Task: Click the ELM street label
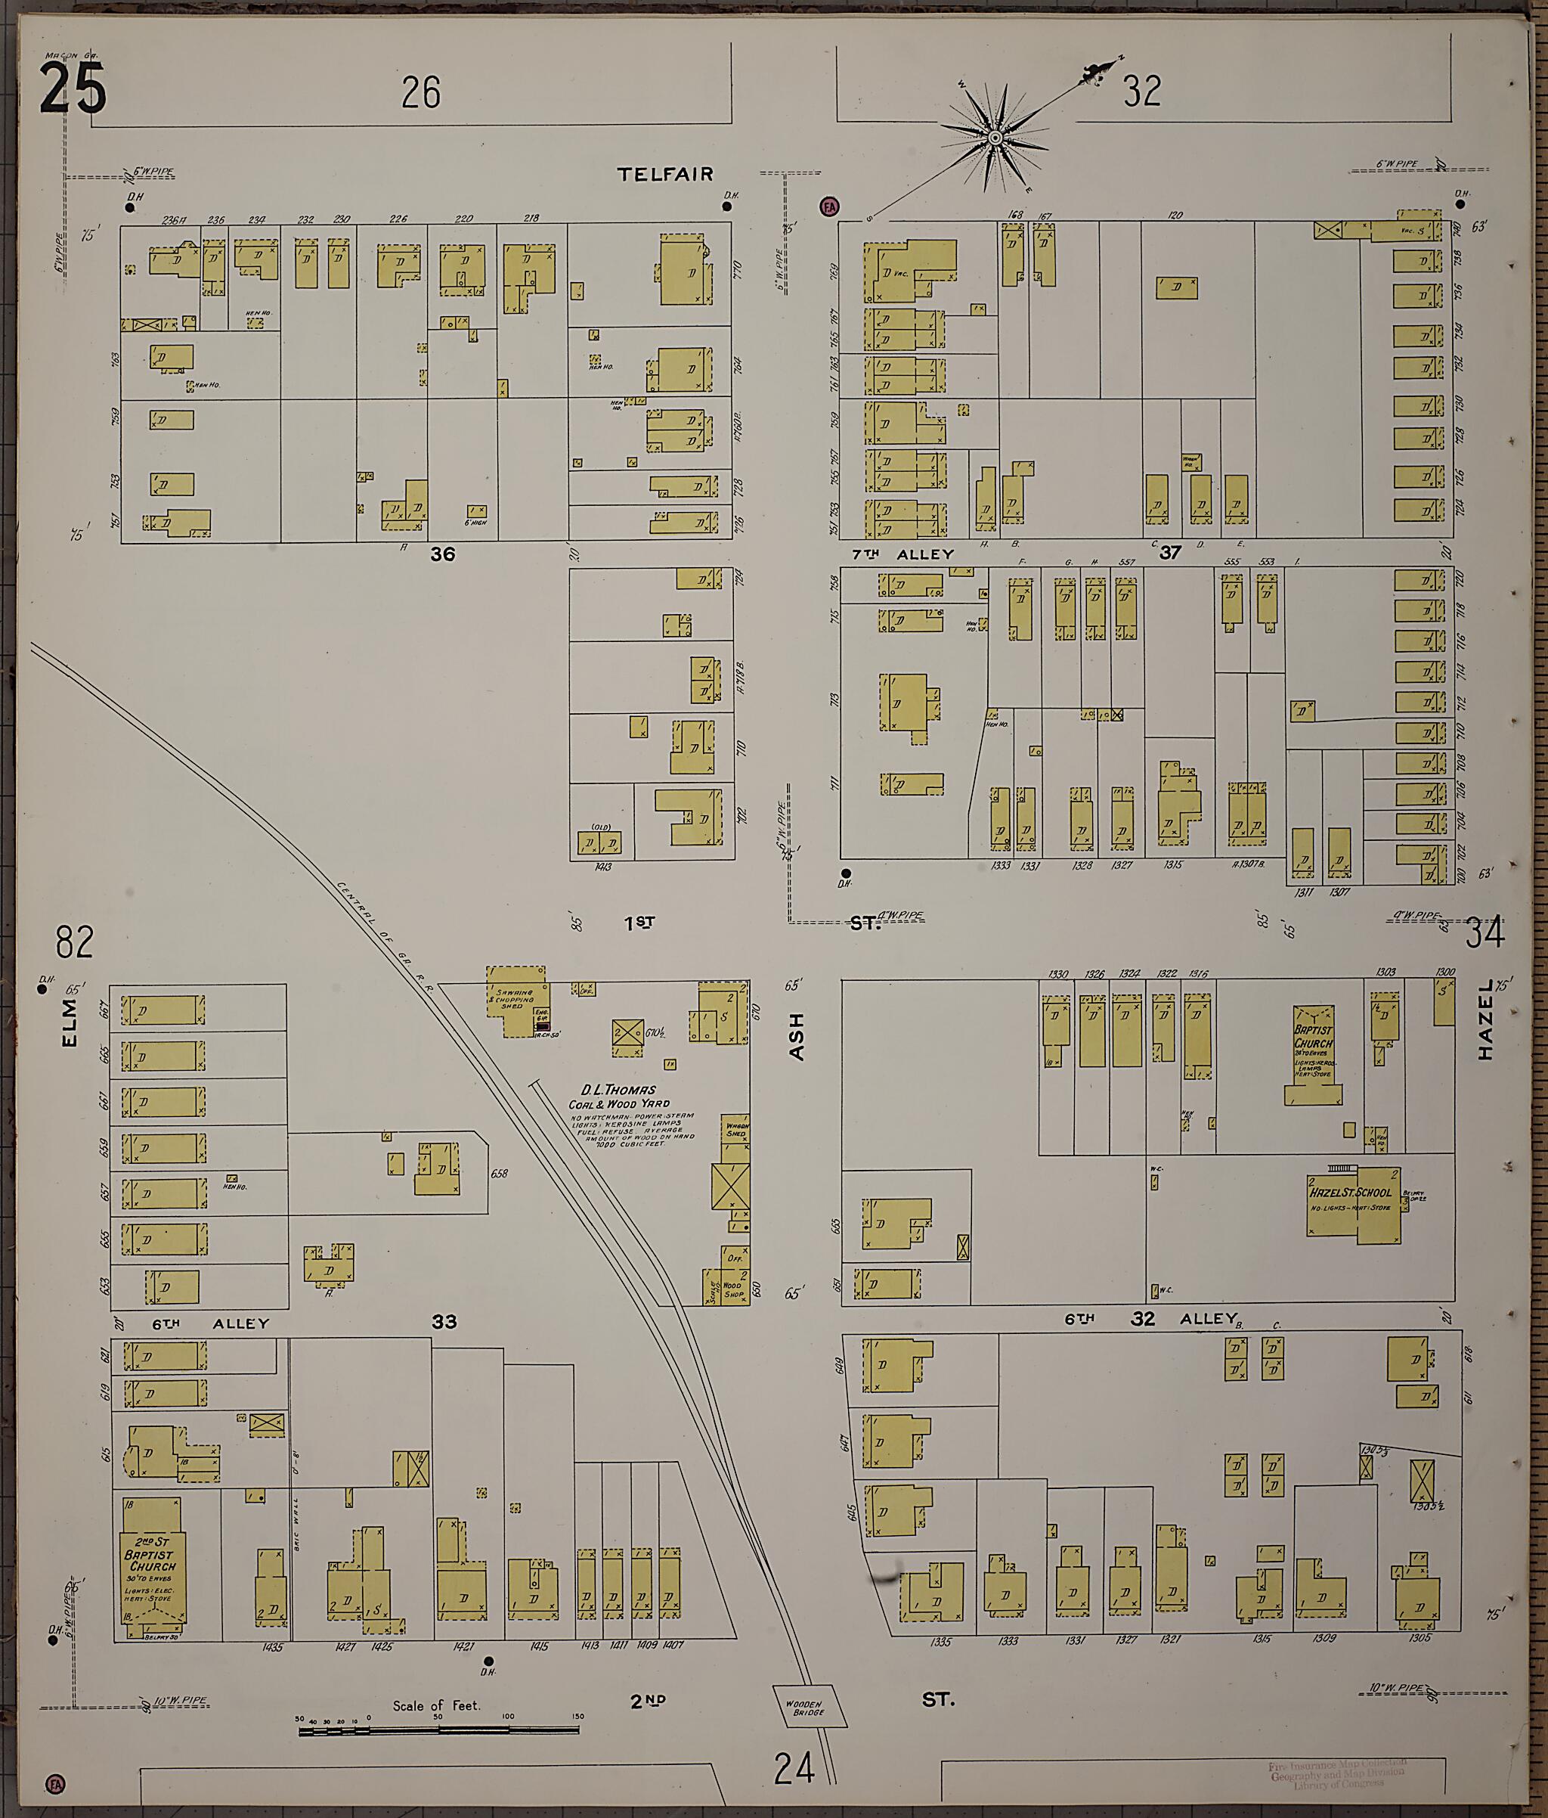point(70,1024)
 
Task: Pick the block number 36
point(442,554)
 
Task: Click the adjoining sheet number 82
point(75,943)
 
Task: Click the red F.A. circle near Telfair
point(829,207)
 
